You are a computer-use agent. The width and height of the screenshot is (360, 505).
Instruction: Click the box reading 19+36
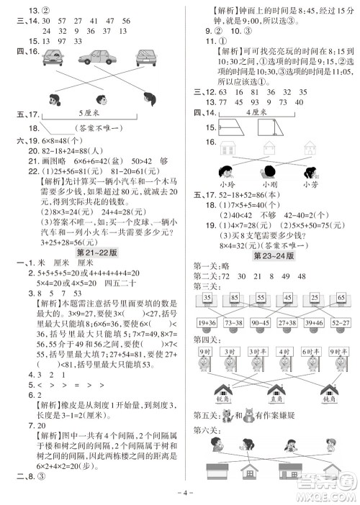(x=208, y=324)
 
